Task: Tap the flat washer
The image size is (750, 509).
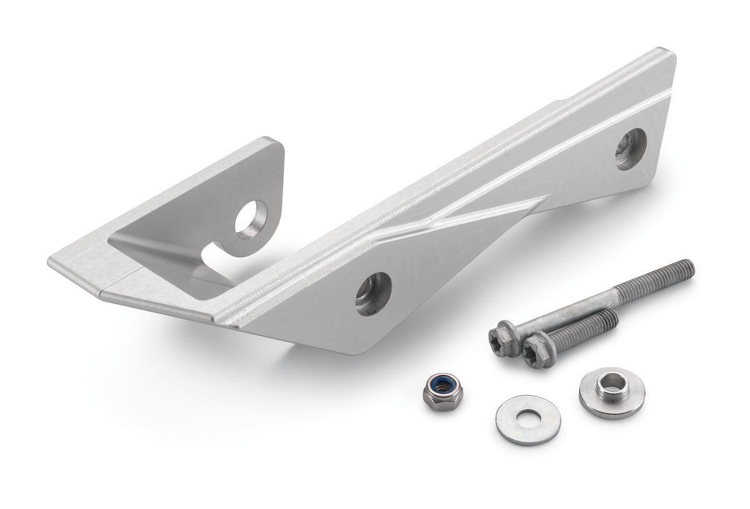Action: (527, 419)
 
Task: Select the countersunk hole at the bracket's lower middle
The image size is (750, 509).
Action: (374, 293)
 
